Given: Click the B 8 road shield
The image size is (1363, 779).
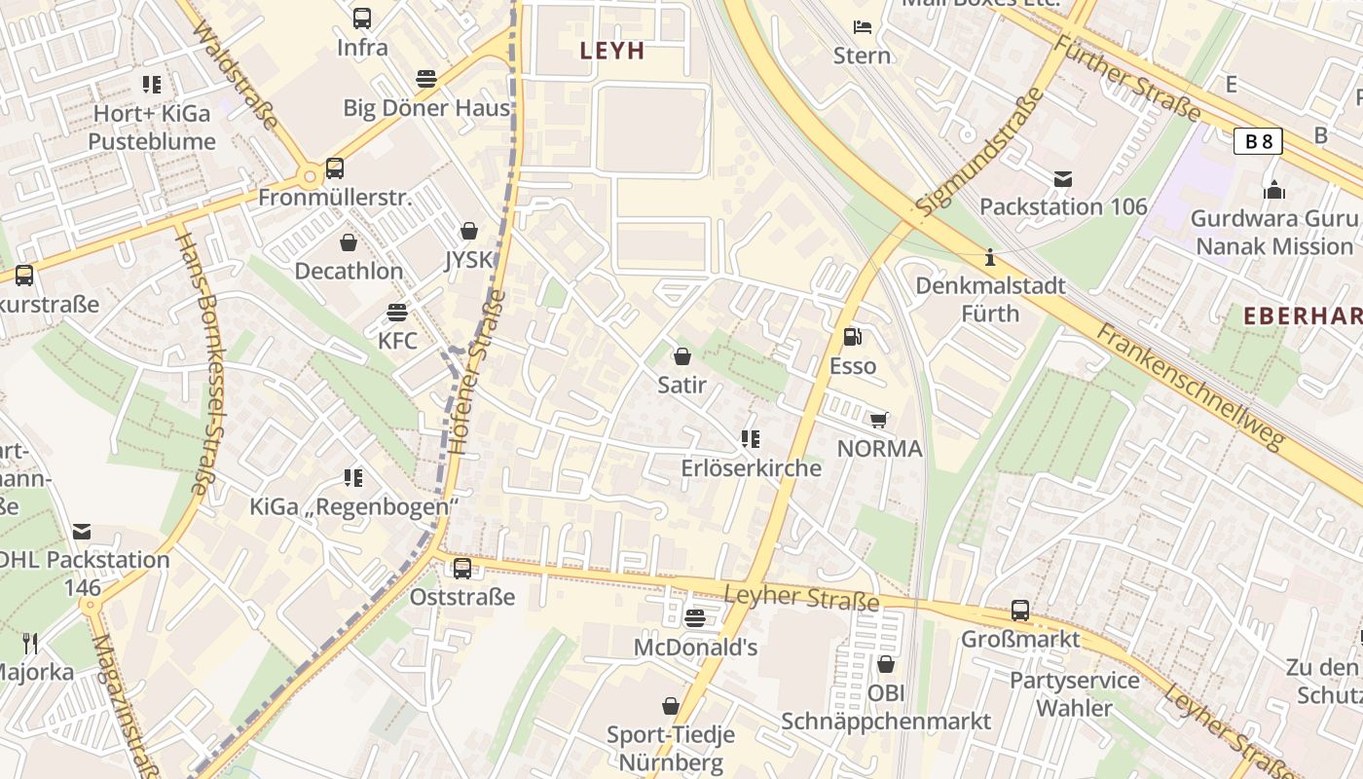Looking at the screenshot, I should pos(1258,141).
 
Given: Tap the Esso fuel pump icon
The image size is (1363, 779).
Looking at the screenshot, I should pos(852,337).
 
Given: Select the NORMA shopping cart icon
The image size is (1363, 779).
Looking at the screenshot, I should pos(878,420).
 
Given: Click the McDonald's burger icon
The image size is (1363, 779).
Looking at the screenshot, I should pos(694,617).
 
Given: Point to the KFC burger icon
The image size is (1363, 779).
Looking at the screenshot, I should pos(397,313).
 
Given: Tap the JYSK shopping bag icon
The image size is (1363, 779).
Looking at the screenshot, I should pos(469,231).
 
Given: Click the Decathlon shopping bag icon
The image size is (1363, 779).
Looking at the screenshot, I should pos(349,241).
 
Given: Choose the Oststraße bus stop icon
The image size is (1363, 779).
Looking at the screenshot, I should pos(462,568).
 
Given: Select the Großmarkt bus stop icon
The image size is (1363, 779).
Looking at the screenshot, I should pos(1019,611).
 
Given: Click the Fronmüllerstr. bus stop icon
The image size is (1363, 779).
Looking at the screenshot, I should pos(335,168).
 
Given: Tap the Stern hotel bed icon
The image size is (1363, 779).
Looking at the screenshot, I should pos(862,26).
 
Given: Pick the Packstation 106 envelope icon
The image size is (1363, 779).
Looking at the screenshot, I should pos(1062,178).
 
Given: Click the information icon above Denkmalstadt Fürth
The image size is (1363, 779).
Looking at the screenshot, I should pos(990,258).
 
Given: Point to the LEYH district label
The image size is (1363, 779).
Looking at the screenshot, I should pos(612,51).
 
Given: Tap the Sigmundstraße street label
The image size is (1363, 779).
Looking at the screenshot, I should pos(978,152).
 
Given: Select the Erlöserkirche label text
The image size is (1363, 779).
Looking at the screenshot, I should pos(751,468).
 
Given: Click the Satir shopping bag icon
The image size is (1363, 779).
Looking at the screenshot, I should pos(682,356).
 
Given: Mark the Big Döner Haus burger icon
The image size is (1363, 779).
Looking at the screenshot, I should pos(425,79).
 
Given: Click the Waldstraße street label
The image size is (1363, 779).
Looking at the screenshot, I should pos(237,76).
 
